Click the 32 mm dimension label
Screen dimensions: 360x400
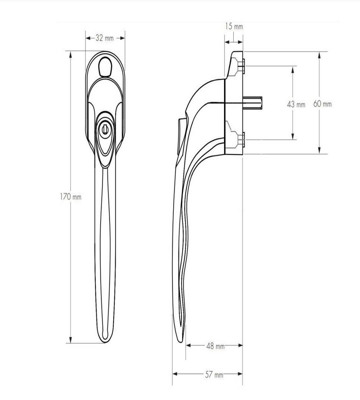pos(105,38)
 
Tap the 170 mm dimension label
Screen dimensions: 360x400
pos(71,197)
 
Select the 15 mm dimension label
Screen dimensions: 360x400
pos(234,26)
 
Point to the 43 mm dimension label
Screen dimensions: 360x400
pos(296,104)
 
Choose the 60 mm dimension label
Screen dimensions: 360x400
pos(323,104)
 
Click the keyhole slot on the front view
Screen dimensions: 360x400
pos(105,130)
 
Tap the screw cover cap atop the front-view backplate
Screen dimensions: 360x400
pos(105,67)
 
